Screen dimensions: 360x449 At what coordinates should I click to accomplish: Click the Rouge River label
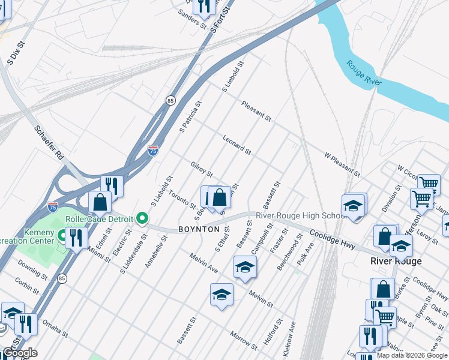pyautogui.click(x=363, y=73)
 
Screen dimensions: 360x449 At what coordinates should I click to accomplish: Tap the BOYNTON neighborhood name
pyautogui.click(x=199, y=229)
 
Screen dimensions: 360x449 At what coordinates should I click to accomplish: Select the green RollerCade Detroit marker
pyautogui.click(x=142, y=218)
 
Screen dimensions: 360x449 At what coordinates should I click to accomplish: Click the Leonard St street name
pyautogui.click(x=237, y=144)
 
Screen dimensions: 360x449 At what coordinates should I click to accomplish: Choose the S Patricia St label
pyautogui.click(x=190, y=116)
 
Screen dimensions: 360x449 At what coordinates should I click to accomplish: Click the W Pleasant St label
pyautogui.click(x=342, y=164)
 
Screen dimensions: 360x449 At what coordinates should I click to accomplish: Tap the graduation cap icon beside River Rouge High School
pyautogui.click(x=354, y=206)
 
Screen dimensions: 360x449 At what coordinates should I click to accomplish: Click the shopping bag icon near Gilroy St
pyautogui.click(x=220, y=197)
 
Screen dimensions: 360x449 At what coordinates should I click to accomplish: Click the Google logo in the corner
pyautogui.click(x=19, y=353)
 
